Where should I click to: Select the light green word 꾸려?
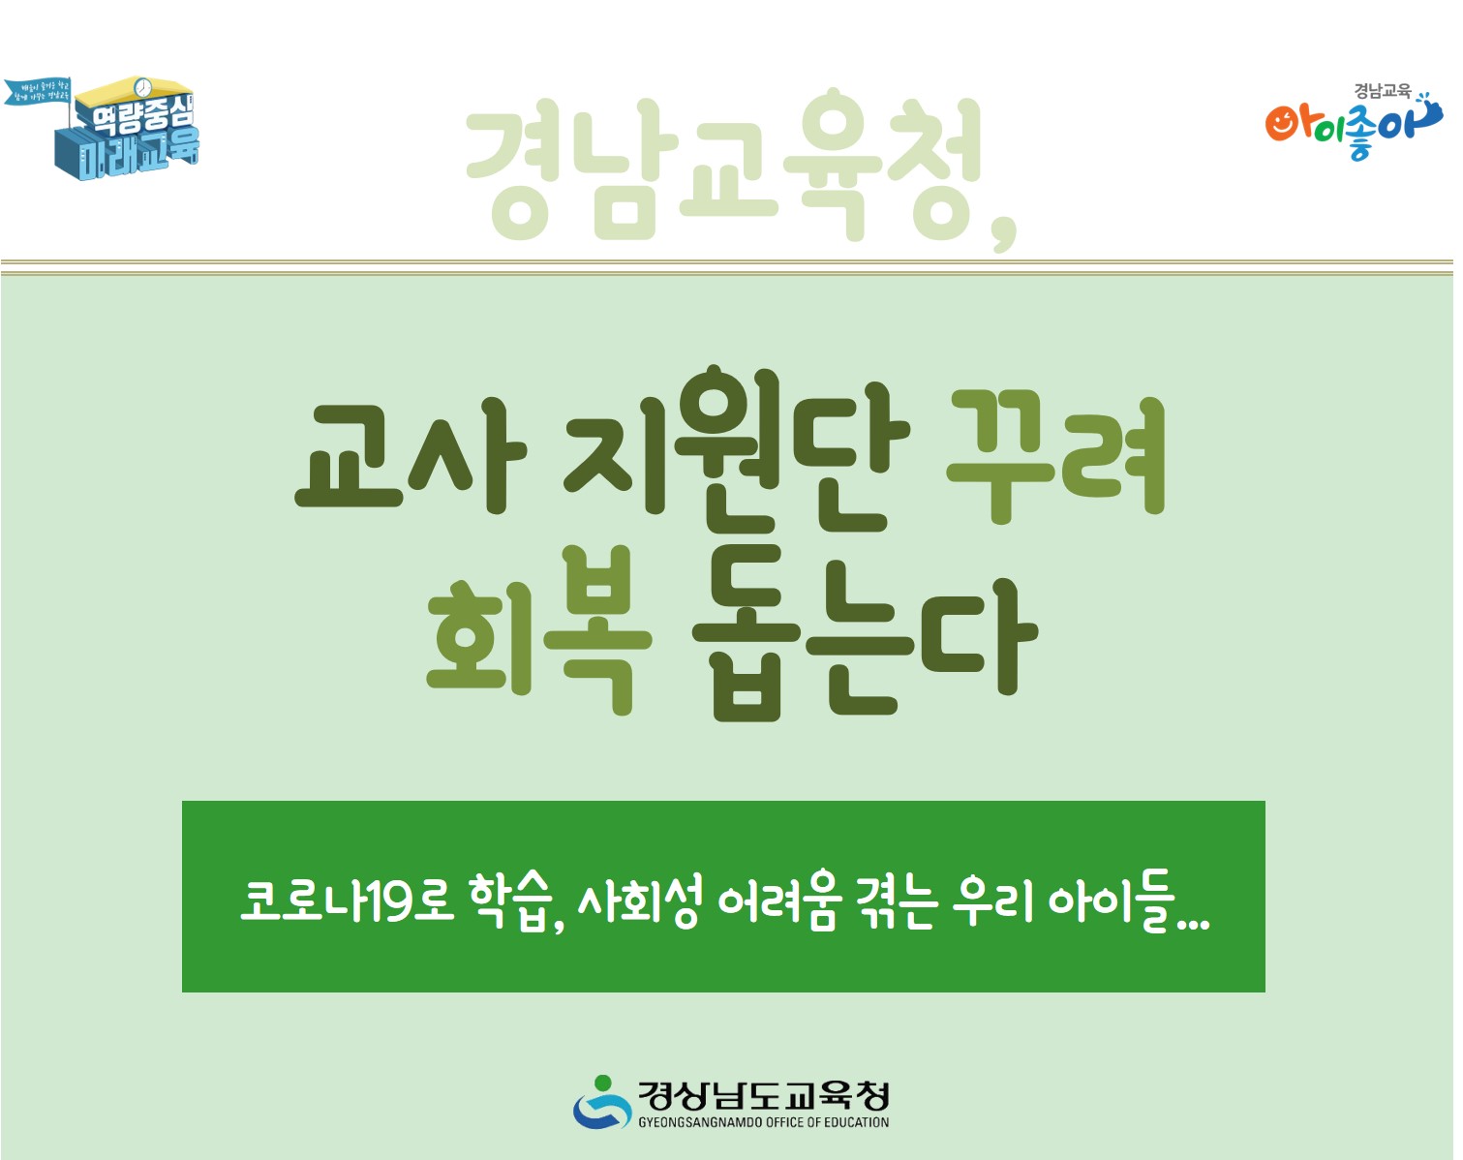[1055, 455]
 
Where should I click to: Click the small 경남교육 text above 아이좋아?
[1382, 91]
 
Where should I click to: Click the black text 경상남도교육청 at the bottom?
[763, 1095]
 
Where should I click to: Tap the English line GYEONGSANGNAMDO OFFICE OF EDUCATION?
[763, 1123]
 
